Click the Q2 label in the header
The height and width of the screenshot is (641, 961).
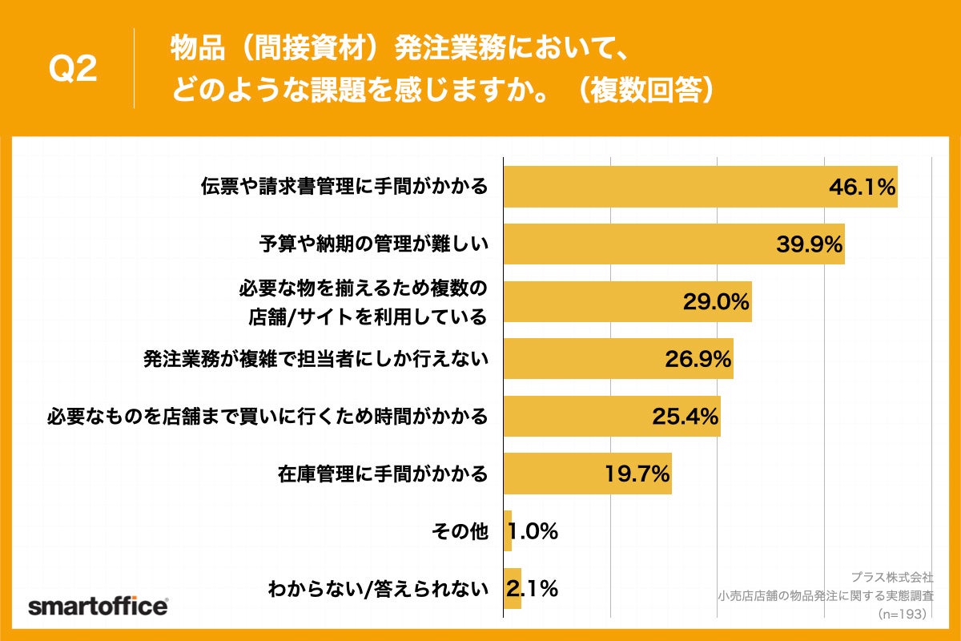coord(73,70)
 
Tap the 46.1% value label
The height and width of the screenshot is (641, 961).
coord(861,187)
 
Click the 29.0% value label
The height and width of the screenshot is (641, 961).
coord(715,302)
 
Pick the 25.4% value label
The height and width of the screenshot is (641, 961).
coord(684,417)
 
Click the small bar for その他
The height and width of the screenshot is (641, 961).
coord(508,531)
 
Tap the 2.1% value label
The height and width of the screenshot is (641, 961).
coord(533,589)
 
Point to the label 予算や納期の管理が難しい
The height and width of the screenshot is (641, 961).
coord(373,244)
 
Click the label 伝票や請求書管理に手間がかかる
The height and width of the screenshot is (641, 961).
coord(344,187)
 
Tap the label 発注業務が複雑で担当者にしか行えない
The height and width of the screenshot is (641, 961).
coord(316,359)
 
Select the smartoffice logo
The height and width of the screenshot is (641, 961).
coord(98,606)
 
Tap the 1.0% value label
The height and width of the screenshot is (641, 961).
coord(533,531)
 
